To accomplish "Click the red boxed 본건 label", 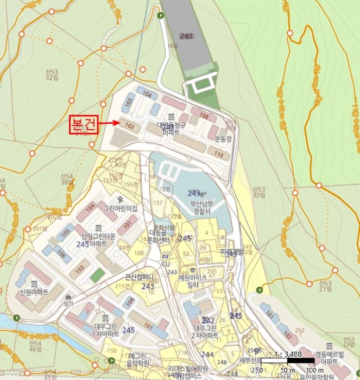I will click(x=83, y=123).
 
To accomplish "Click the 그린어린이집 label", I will click(x=121, y=208).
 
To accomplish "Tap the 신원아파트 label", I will click(x=34, y=292).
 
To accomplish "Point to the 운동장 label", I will click(x=223, y=138).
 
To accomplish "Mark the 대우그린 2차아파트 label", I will click(x=205, y=331).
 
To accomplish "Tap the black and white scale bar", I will click(x=288, y=360).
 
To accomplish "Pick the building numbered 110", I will click(x=219, y=154).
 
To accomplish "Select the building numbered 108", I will click(x=204, y=116).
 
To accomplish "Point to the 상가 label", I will click(x=68, y=303).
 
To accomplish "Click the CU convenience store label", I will click(x=166, y=264).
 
